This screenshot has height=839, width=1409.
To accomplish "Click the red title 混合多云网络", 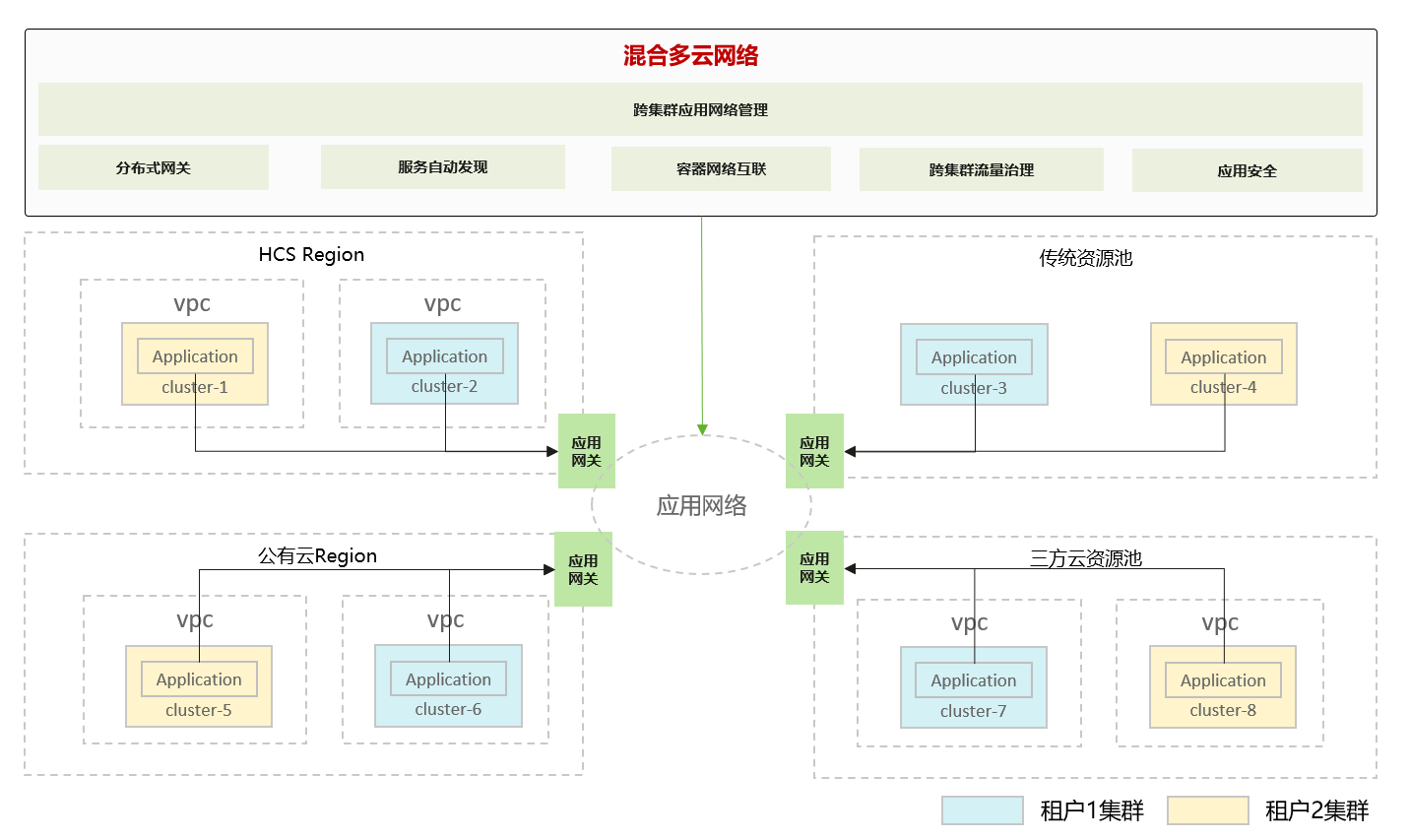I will coord(690,56).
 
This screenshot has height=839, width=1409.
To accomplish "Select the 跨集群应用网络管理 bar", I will coord(700,109).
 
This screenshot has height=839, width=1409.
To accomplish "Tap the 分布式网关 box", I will coord(153,167).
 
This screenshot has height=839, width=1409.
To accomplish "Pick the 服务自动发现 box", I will coord(442,166).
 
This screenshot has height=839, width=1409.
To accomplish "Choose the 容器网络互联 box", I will coord(721,168).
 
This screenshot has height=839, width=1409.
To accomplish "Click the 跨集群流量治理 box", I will coord(981,169).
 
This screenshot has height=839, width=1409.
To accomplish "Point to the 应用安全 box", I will coord(1247,170).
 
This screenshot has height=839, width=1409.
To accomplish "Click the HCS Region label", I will coord(311,255).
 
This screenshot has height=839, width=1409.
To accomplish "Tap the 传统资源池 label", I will coord(1085,258).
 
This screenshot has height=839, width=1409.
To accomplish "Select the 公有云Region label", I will coord(317,556).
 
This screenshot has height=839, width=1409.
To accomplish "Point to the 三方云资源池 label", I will coord(1085,559).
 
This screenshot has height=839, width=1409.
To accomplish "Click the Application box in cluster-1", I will coord(195,356).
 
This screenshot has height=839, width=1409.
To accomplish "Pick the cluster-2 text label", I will coord(444,387).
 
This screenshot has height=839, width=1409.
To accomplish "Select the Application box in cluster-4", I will coord(1223,357).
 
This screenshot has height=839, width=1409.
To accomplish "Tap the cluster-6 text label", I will coord(448,710).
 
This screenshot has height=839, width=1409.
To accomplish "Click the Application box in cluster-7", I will coord(973,680).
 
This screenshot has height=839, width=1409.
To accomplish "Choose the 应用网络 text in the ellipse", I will coord(701,506).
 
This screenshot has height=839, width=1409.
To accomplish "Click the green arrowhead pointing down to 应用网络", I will coord(702,429).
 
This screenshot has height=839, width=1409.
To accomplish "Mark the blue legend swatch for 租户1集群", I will coord(982,810).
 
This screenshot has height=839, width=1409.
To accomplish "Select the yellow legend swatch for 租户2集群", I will coord(1207,810).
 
